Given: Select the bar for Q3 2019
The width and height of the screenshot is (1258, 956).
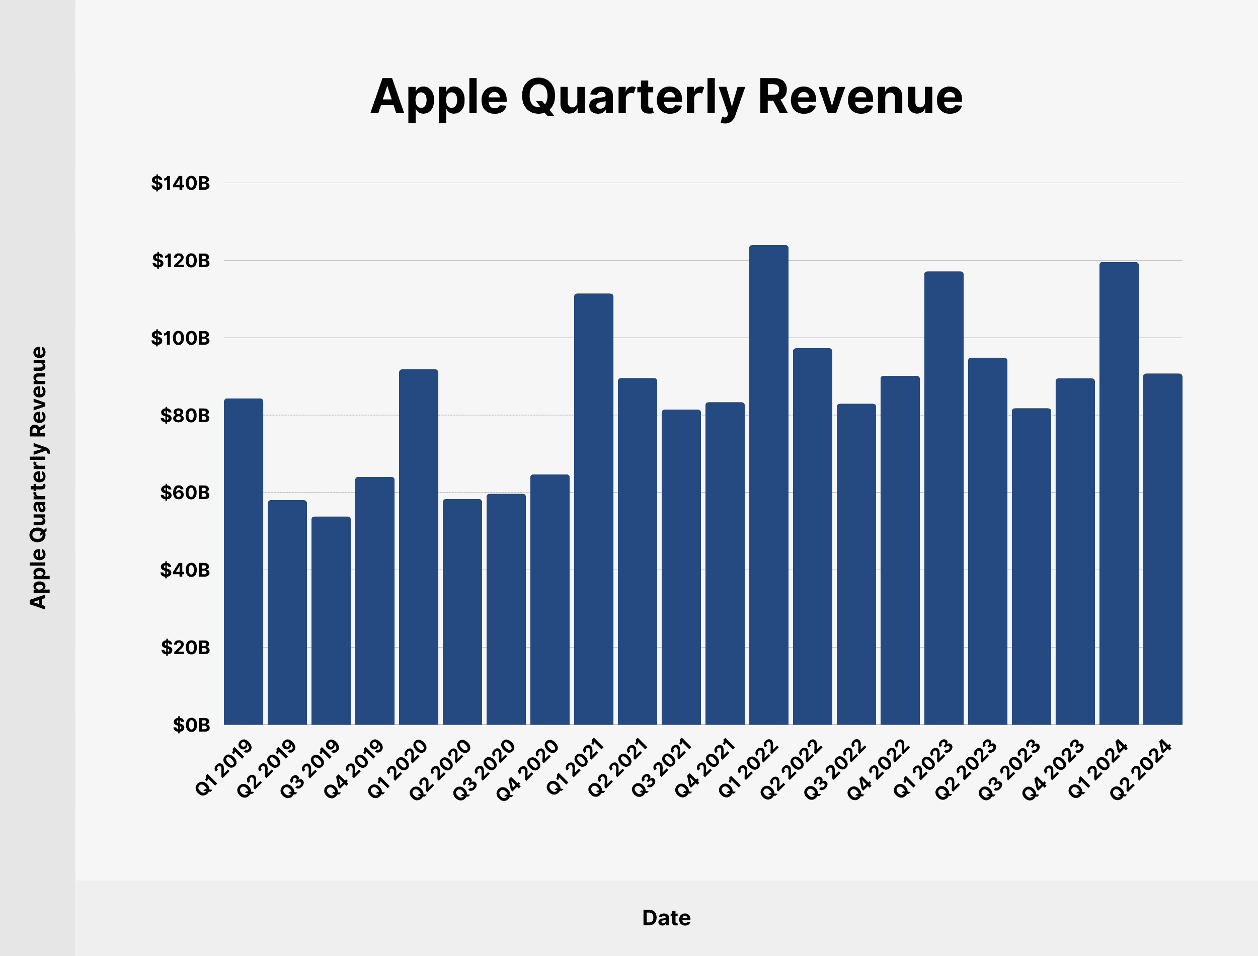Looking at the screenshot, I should click(331, 620).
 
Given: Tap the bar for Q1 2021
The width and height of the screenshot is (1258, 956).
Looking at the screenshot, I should click(593, 509).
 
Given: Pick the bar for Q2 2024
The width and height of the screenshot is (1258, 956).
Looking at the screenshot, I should click(1162, 549).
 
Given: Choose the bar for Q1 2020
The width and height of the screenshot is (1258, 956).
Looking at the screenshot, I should click(419, 547).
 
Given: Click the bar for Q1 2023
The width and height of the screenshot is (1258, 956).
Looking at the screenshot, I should click(944, 498).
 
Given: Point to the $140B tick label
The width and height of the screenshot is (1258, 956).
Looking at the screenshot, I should click(180, 183).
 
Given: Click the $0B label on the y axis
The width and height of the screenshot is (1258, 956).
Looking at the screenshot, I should click(191, 725).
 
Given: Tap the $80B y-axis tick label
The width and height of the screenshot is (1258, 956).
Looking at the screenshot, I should click(184, 416).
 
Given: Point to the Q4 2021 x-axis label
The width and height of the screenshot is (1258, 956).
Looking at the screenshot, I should click(705, 768).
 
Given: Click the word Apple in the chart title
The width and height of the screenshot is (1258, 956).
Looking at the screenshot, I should click(438, 98).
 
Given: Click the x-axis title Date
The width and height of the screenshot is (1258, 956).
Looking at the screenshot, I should click(666, 918).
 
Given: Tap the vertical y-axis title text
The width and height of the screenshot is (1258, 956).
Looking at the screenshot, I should click(38, 478).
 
